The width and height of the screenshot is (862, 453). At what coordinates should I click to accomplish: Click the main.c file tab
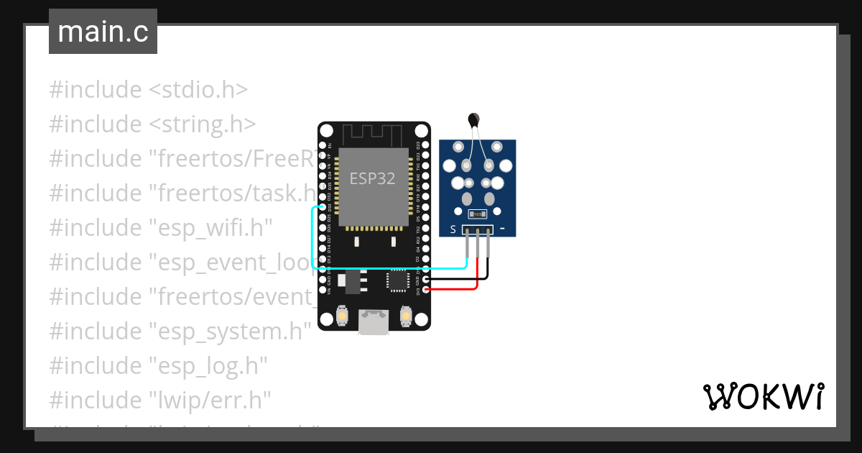pos(103,32)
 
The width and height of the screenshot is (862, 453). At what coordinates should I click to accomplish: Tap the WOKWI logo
pos(763,396)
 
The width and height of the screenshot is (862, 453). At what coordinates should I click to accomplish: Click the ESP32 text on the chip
pos(372,179)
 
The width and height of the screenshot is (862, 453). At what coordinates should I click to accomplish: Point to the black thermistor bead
pos(473,119)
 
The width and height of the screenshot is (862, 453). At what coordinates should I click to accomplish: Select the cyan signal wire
pos(313,237)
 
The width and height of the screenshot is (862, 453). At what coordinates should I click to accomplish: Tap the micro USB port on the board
pos(374,321)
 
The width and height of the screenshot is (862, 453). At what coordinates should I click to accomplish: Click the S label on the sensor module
pos(453,229)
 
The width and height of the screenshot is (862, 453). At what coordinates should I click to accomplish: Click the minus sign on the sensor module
pos(502,229)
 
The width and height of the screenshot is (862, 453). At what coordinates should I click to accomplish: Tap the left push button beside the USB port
pos(343,316)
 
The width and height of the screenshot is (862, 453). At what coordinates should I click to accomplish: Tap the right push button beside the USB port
pos(406,316)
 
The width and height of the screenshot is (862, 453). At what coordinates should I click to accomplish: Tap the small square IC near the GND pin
pos(397,280)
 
